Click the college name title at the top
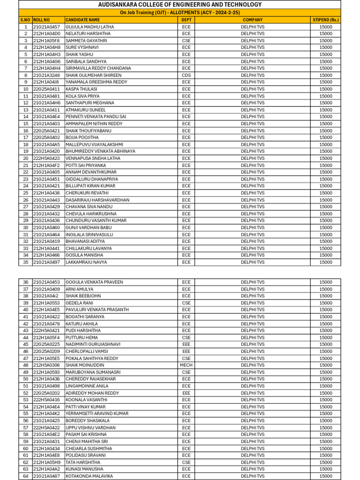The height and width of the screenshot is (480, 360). (x=180, y=5)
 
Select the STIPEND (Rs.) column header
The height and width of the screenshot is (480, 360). (x=326, y=20)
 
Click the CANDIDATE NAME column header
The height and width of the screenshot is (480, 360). (x=82, y=20)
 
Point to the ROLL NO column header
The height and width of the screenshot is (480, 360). (x=41, y=20)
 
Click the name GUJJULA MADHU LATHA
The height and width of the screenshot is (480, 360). (x=90, y=27)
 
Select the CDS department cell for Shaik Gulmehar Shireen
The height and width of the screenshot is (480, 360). (x=187, y=75)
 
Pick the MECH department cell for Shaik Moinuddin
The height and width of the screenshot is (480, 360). (x=187, y=365)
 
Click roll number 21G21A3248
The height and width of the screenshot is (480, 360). (x=46, y=75)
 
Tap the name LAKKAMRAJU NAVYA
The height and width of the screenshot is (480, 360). (x=86, y=262)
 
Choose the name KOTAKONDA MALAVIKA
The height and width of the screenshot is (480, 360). (x=89, y=476)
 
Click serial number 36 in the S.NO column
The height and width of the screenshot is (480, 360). (x=25, y=282)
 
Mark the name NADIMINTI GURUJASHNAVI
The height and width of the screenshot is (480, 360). (x=93, y=345)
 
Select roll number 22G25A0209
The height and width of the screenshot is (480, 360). (x=46, y=351)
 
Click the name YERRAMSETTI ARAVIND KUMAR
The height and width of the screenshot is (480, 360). (x=97, y=413)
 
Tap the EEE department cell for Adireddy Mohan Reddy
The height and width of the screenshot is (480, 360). (x=187, y=393)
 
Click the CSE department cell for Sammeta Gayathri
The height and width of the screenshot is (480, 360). (x=187, y=41)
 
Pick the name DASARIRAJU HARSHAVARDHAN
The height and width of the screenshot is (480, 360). (x=97, y=200)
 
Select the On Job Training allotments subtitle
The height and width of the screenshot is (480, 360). (x=180, y=13)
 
